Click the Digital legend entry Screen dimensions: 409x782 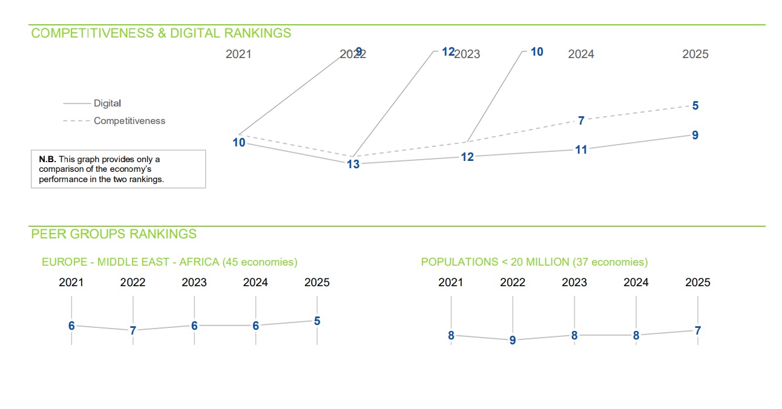[x=107, y=103]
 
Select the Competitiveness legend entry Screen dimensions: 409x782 [x=129, y=121]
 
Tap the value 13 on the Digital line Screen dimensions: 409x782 [x=353, y=164]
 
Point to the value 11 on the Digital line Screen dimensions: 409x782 [x=581, y=150]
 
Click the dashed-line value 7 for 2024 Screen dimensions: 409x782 [x=581, y=121]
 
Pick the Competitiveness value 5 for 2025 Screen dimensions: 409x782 [x=695, y=106]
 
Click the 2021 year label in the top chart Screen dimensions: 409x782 [x=238, y=54]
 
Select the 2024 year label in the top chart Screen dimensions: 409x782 [x=581, y=54]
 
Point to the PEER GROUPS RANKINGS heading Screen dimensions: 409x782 [x=114, y=234]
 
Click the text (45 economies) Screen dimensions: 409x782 [x=260, y=263]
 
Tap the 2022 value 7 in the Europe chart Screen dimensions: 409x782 [x=133, y=330]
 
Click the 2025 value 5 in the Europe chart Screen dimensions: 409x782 [x=317, y=321]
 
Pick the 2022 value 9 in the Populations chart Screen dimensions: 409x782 [x=513, y=341]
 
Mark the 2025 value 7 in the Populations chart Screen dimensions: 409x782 [x=698, y=331]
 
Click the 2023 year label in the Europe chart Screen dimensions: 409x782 [x=194, y=283]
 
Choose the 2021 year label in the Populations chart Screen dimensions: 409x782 [x=451, y=283]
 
